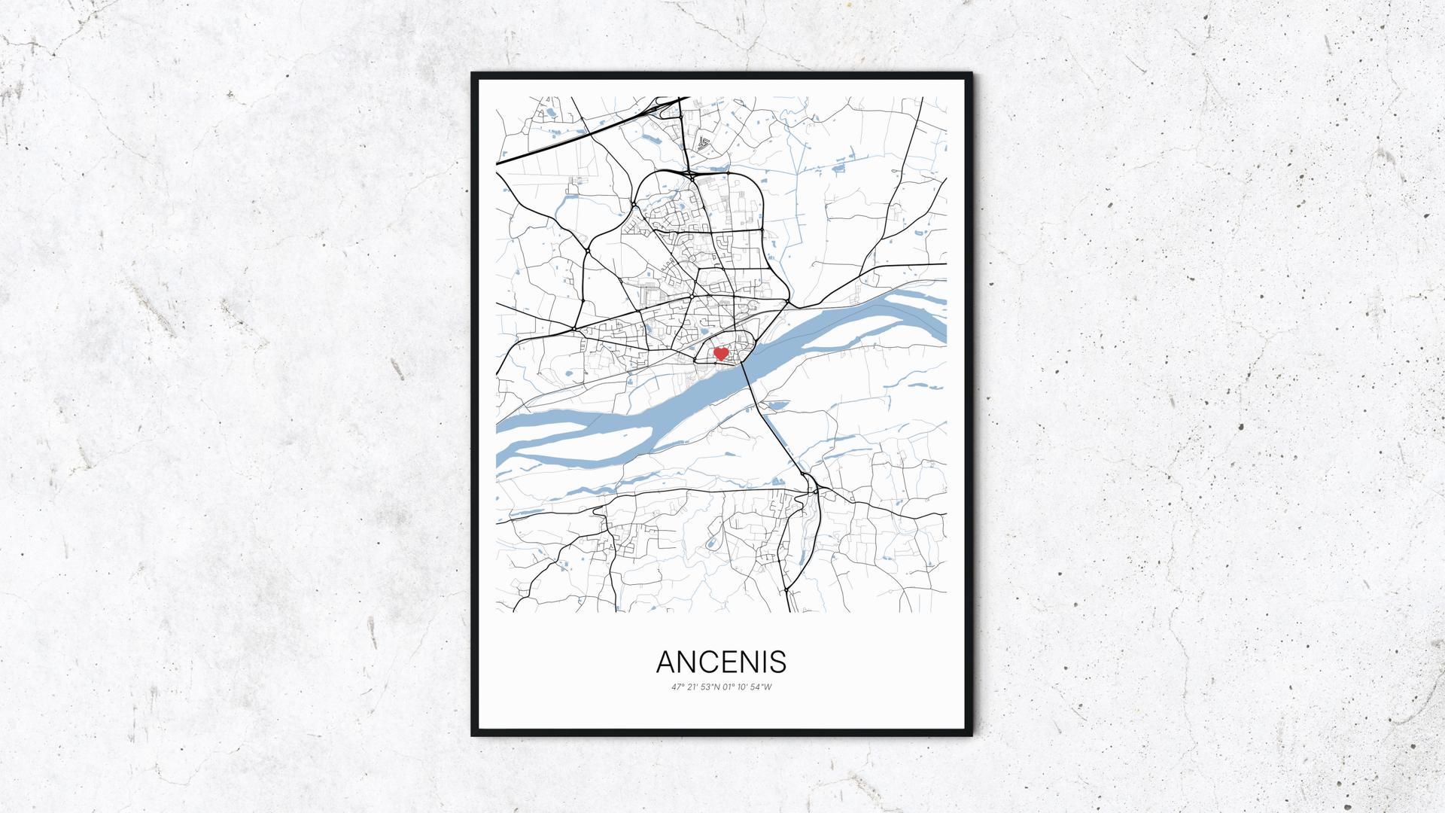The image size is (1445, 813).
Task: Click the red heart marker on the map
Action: pyautogui.click(x=720, y=352)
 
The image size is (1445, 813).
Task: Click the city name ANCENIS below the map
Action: pyautogui.click(x=721, y=662)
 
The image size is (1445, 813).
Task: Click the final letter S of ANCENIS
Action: pyautogui.click(x=778, y=662)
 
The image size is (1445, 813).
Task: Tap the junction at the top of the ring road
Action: pyautogui.click(x=689, y=174)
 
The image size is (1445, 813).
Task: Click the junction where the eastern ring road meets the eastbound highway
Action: pyautogui.click(x=786, y=302)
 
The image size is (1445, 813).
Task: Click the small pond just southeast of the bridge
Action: pyautogui.click(x=774, y=406)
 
